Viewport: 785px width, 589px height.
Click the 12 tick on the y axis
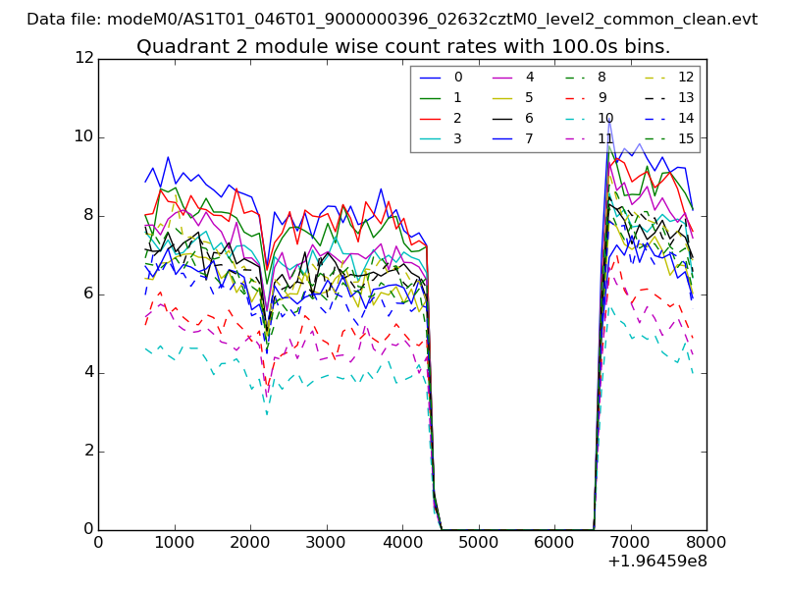83,58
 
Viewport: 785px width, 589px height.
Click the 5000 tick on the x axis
478,541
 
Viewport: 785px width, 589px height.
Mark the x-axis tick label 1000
174,541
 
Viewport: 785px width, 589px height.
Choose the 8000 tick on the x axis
706,541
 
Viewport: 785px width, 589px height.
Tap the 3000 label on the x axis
326,541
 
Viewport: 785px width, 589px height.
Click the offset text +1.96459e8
657,562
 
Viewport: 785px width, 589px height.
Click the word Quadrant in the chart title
176,47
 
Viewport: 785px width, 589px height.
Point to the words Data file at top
63,19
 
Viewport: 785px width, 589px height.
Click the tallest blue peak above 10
609,119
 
